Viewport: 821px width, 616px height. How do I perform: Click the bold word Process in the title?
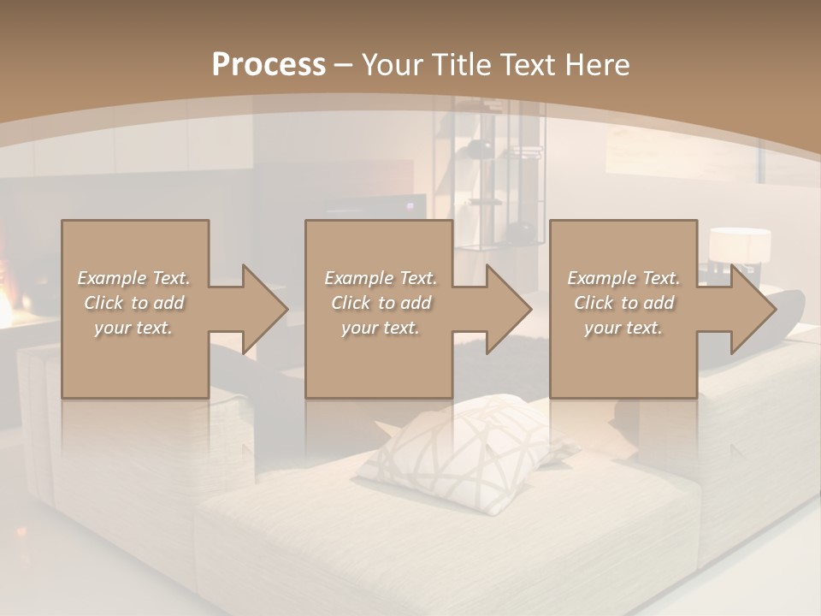click(269, 65)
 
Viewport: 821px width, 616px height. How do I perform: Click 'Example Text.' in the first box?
click(133, 278)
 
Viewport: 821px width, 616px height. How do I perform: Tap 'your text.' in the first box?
click(133, 328)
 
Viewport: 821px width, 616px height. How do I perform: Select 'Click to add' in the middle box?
click(381, 303)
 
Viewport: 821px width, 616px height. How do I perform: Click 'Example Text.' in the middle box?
click(381, 278)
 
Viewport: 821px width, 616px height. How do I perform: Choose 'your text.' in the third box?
click(623, 328)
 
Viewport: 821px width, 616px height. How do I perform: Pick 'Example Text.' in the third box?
click(623, 278)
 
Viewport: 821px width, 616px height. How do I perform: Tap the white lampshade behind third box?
click(740, 246)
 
